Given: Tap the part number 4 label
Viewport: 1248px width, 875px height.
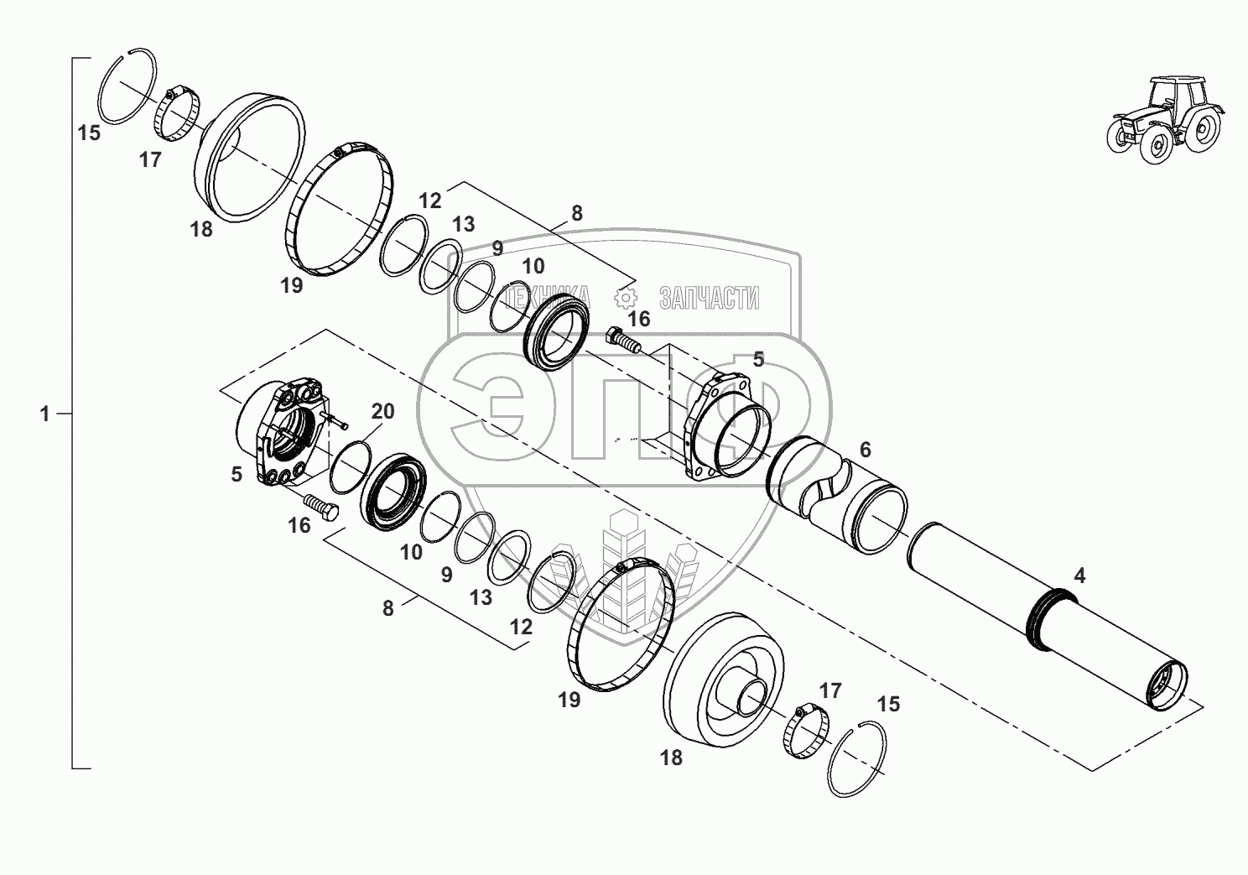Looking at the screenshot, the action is [x=1079, y=576].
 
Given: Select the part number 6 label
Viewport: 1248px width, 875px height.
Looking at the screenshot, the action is [x=865, y=451].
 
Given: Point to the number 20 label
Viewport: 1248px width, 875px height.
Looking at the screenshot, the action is [x=382, y=411].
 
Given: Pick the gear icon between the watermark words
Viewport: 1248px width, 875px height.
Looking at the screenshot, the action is [x=626, y=298].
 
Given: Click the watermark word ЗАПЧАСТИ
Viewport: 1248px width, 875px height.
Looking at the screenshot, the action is [x=710, y=298].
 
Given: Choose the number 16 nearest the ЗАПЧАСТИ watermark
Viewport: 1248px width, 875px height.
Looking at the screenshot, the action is [x=638, y=319].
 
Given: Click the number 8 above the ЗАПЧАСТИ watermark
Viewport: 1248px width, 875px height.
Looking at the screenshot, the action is [x=576, y=213].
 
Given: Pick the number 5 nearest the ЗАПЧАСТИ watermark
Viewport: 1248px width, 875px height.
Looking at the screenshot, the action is [x=758, y=360].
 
